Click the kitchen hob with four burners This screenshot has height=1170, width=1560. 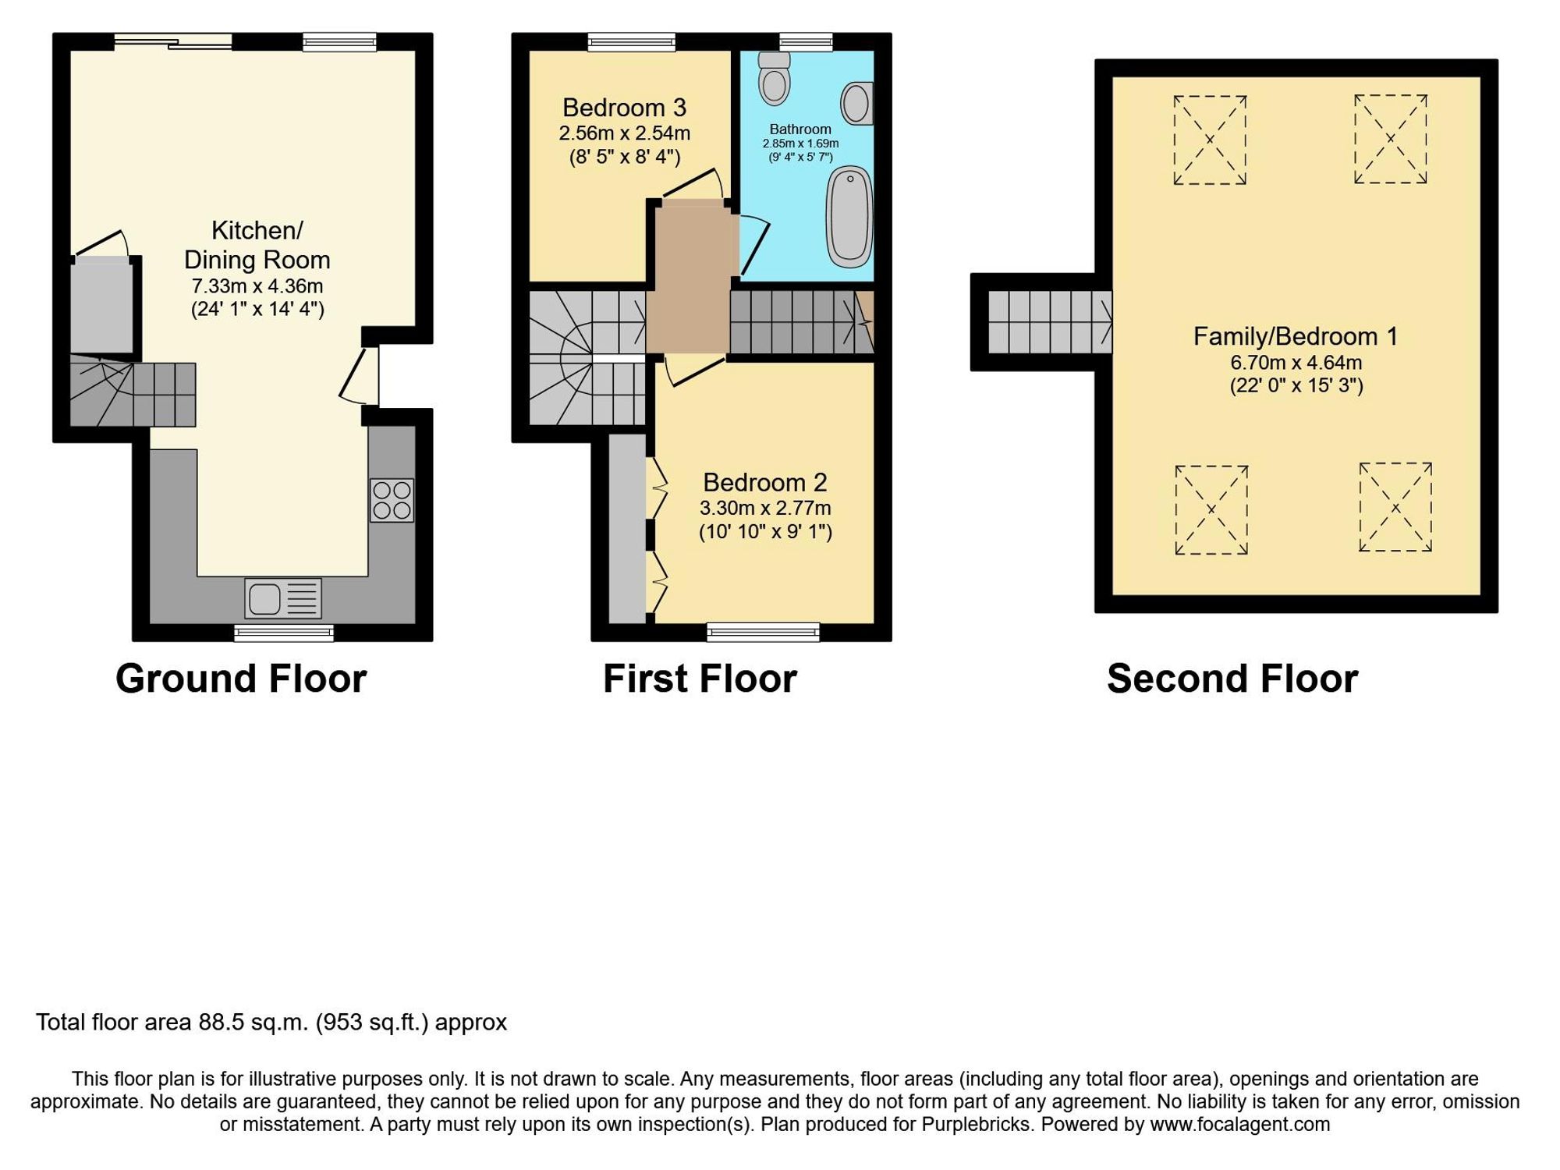pyautogui.click(x=392, y=500)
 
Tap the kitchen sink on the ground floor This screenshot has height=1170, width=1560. pyautogui.click(x=282, y=599)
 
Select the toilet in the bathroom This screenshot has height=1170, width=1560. pyautogui.click(x=775, y=80)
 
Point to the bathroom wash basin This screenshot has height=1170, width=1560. pyautogui.click(x=856, y=103)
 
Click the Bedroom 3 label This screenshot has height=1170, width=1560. pyautogui.click(x=624, y=107)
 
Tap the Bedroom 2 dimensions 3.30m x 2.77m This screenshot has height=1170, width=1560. pyautogui.click(x=764, y=509)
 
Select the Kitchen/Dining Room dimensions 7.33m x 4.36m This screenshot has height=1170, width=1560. pyautogui.click(x=257, y=286)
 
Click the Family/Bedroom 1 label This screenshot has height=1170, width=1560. pyautogui.click(x=1295, y=336)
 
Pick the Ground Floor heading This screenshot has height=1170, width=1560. pyautogui.click(x=241, y=679)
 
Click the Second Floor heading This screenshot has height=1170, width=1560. pyautogui.click(x=1232, y=679)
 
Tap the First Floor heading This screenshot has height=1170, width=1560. pyautogui.click(x=700, y=679)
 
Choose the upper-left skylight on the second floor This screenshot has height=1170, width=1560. pyautogui.click(x=1209, y=140)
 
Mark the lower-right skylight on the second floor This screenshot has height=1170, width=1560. pyautogui.click(x=1395, y=508)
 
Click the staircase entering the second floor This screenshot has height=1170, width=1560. pyautogui.click(x=1050, y=322)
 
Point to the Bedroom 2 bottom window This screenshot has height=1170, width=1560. pyautogui.click(x=763, y=632)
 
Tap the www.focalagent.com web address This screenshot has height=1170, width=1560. pyautogui.click(x=1239, y=1124)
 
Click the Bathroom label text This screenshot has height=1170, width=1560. pyautogui.click(x=800, y=129)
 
